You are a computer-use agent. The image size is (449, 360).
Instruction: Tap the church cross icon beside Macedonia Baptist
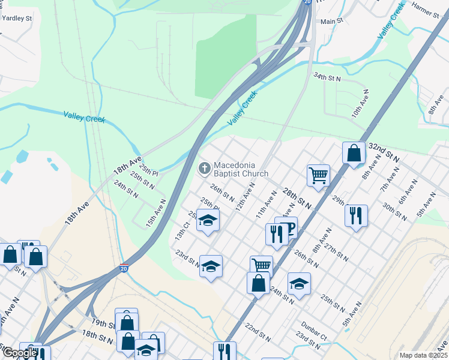(204, 169)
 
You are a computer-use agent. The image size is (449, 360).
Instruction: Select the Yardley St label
(17, 18)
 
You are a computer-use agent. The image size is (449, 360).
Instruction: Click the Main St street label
(331, 21)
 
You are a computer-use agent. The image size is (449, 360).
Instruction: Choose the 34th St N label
(327, 78)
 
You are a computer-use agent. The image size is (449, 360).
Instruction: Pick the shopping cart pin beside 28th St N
(318, 175)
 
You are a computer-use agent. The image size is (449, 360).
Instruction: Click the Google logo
(19, 353)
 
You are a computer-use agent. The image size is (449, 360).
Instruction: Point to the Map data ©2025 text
(423, 355)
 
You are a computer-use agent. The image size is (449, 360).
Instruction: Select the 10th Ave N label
(360, 103)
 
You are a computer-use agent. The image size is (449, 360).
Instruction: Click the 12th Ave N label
(245, 197)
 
